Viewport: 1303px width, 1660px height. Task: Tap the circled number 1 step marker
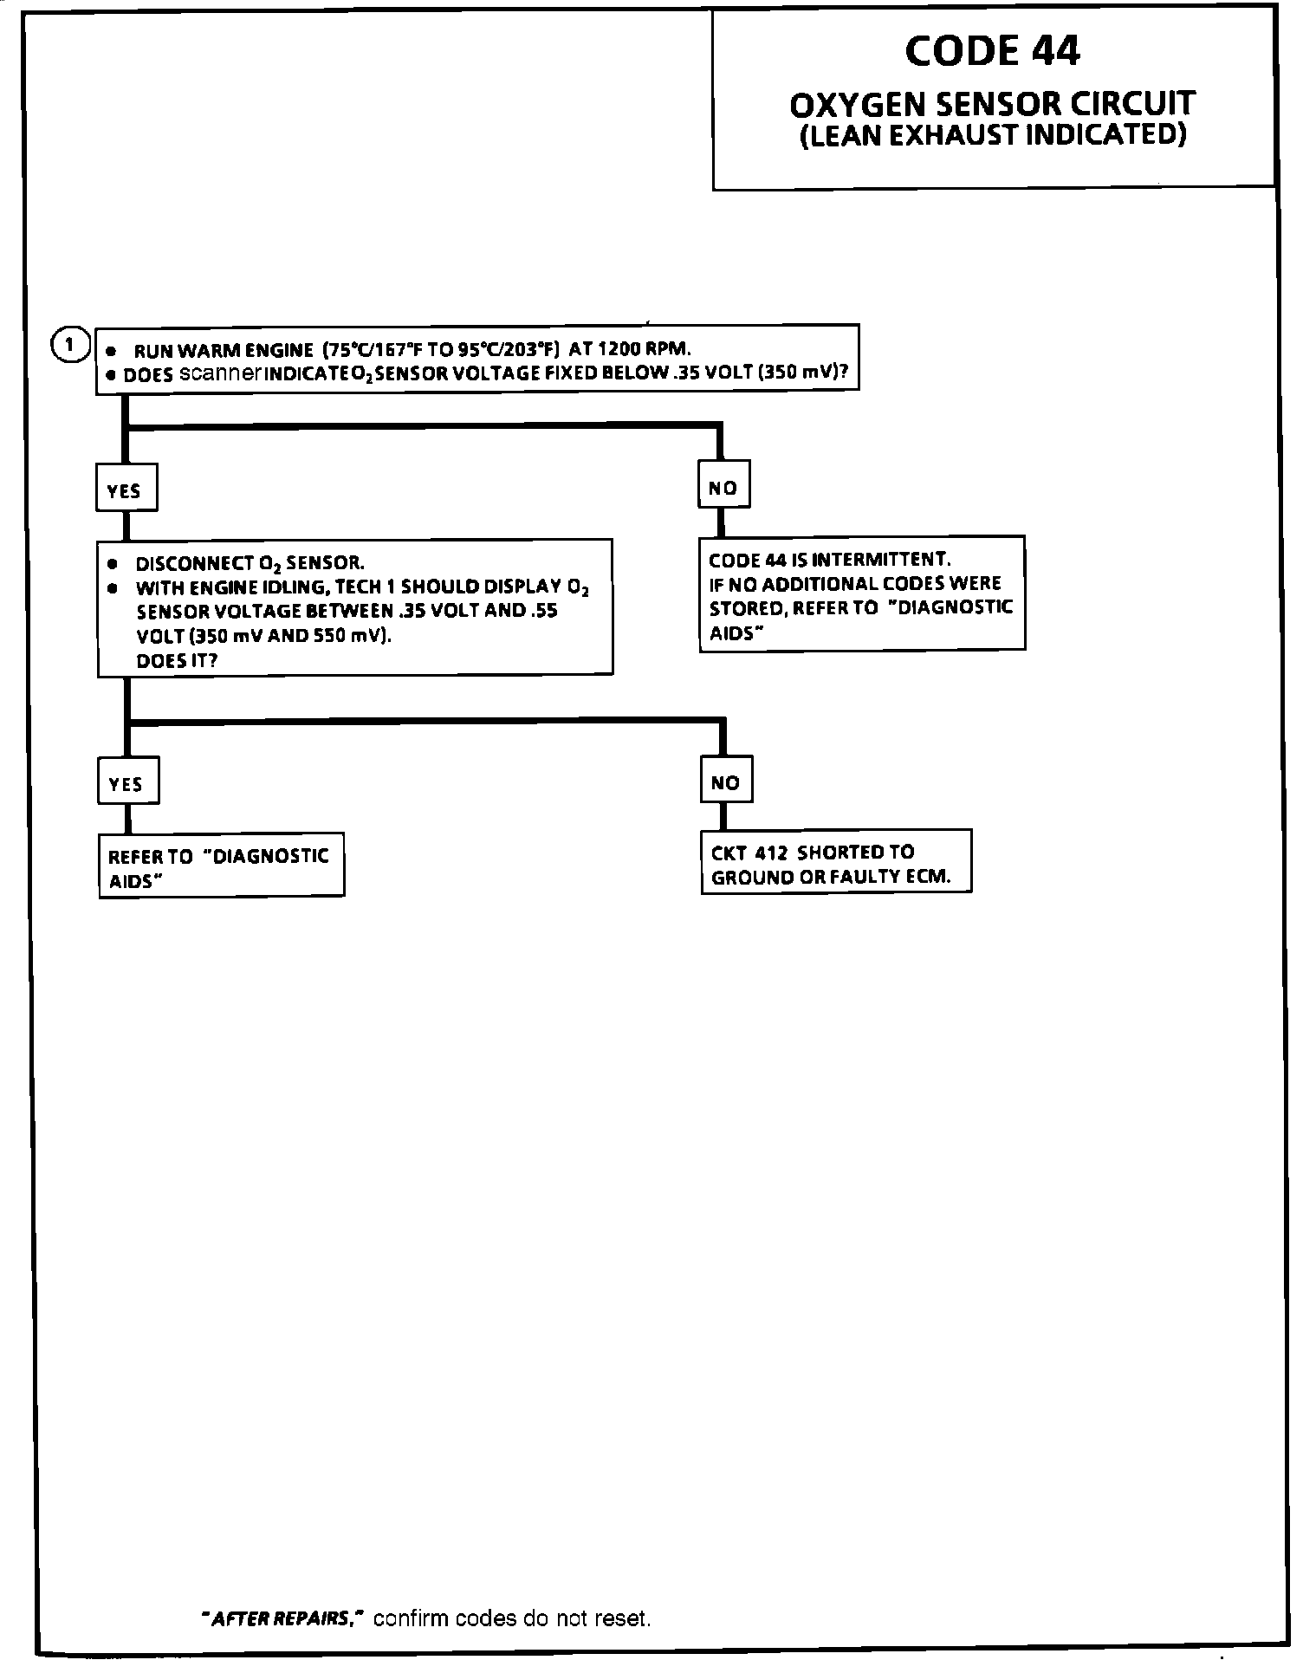pyautogui.click(x=70, y=344)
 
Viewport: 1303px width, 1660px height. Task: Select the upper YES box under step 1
pyautogui.click(x=126, y=490)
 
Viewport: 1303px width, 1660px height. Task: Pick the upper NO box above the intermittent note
pyautogui.click(x=723, y=488)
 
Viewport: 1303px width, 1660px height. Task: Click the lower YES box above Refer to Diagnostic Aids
pyautogui.click(x=127, y=783)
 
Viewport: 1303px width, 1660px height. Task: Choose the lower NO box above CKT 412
pyautogui.click(x=725, y=782)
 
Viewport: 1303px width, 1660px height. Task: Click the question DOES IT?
pyautogui.click(x=177, y=660)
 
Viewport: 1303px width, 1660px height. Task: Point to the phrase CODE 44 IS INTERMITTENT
pyautogui.click(x=829, y=559)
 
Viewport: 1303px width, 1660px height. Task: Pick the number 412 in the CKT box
pyautogui.click(x=770, y=853)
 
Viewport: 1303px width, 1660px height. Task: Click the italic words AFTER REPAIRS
pyautogui.click(x=280, y=1618)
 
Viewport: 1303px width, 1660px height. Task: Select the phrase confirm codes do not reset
pyautogui.click(x=512, y=1618)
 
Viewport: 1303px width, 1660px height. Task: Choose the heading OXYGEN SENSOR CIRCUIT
pyautogui.click(x=992, y=104)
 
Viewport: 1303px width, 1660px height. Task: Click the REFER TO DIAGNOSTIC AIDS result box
pyautogui.click(x=221, y=867)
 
